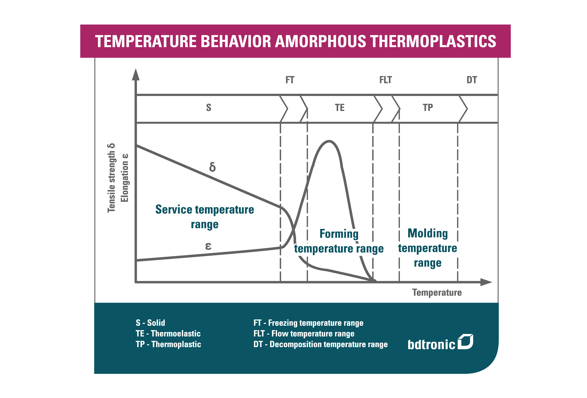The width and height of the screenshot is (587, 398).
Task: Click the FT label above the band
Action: pyautogui.click(x=290, y=80)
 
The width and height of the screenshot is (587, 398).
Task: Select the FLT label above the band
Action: pyautogui.click(x=385, y=80)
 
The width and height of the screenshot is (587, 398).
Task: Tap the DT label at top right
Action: pyautogui.click(x=472, y=80)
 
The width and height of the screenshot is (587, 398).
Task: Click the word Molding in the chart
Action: pyautogui.click(x=428, y=233)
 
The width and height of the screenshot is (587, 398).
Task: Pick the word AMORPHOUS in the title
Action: pyautogui.click(x=320, y=41)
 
